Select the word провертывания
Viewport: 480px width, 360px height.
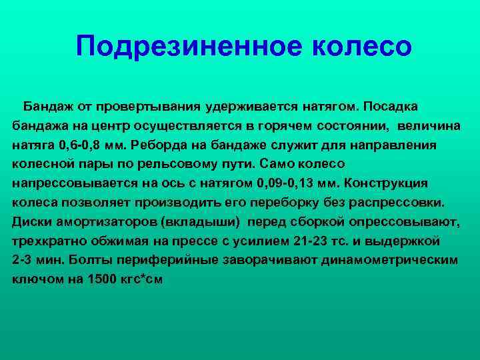[x=148, y=107]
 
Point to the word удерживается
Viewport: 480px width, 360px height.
[x=251, y=107]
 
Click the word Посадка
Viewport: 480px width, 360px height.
[x=390, y=107]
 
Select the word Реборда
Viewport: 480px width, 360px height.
[x=159, y=145]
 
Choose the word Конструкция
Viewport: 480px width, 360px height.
[x=386, y=183]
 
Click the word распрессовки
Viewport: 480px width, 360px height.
[x=397, y=203]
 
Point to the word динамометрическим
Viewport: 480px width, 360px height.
[x=389, y=260]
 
